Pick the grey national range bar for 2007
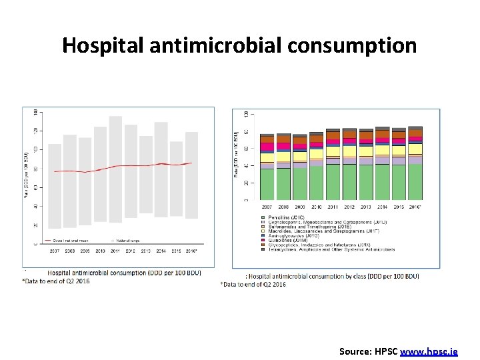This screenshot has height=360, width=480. [55, 186]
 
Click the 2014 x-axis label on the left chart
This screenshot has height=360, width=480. [161, 251]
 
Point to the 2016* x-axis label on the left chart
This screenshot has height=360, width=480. [191, 251]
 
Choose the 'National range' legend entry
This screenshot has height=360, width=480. [127, 239]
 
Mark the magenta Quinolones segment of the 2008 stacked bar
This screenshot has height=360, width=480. [283, 146]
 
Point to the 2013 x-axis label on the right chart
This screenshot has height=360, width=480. [366, 206]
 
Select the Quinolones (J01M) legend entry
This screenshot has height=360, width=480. [286, 241]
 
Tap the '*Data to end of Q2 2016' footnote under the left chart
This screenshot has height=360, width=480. [55, 281]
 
